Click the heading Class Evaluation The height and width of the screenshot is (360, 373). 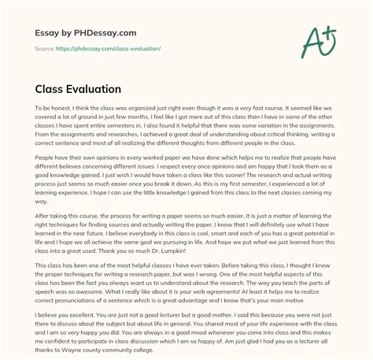coord(76,89)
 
